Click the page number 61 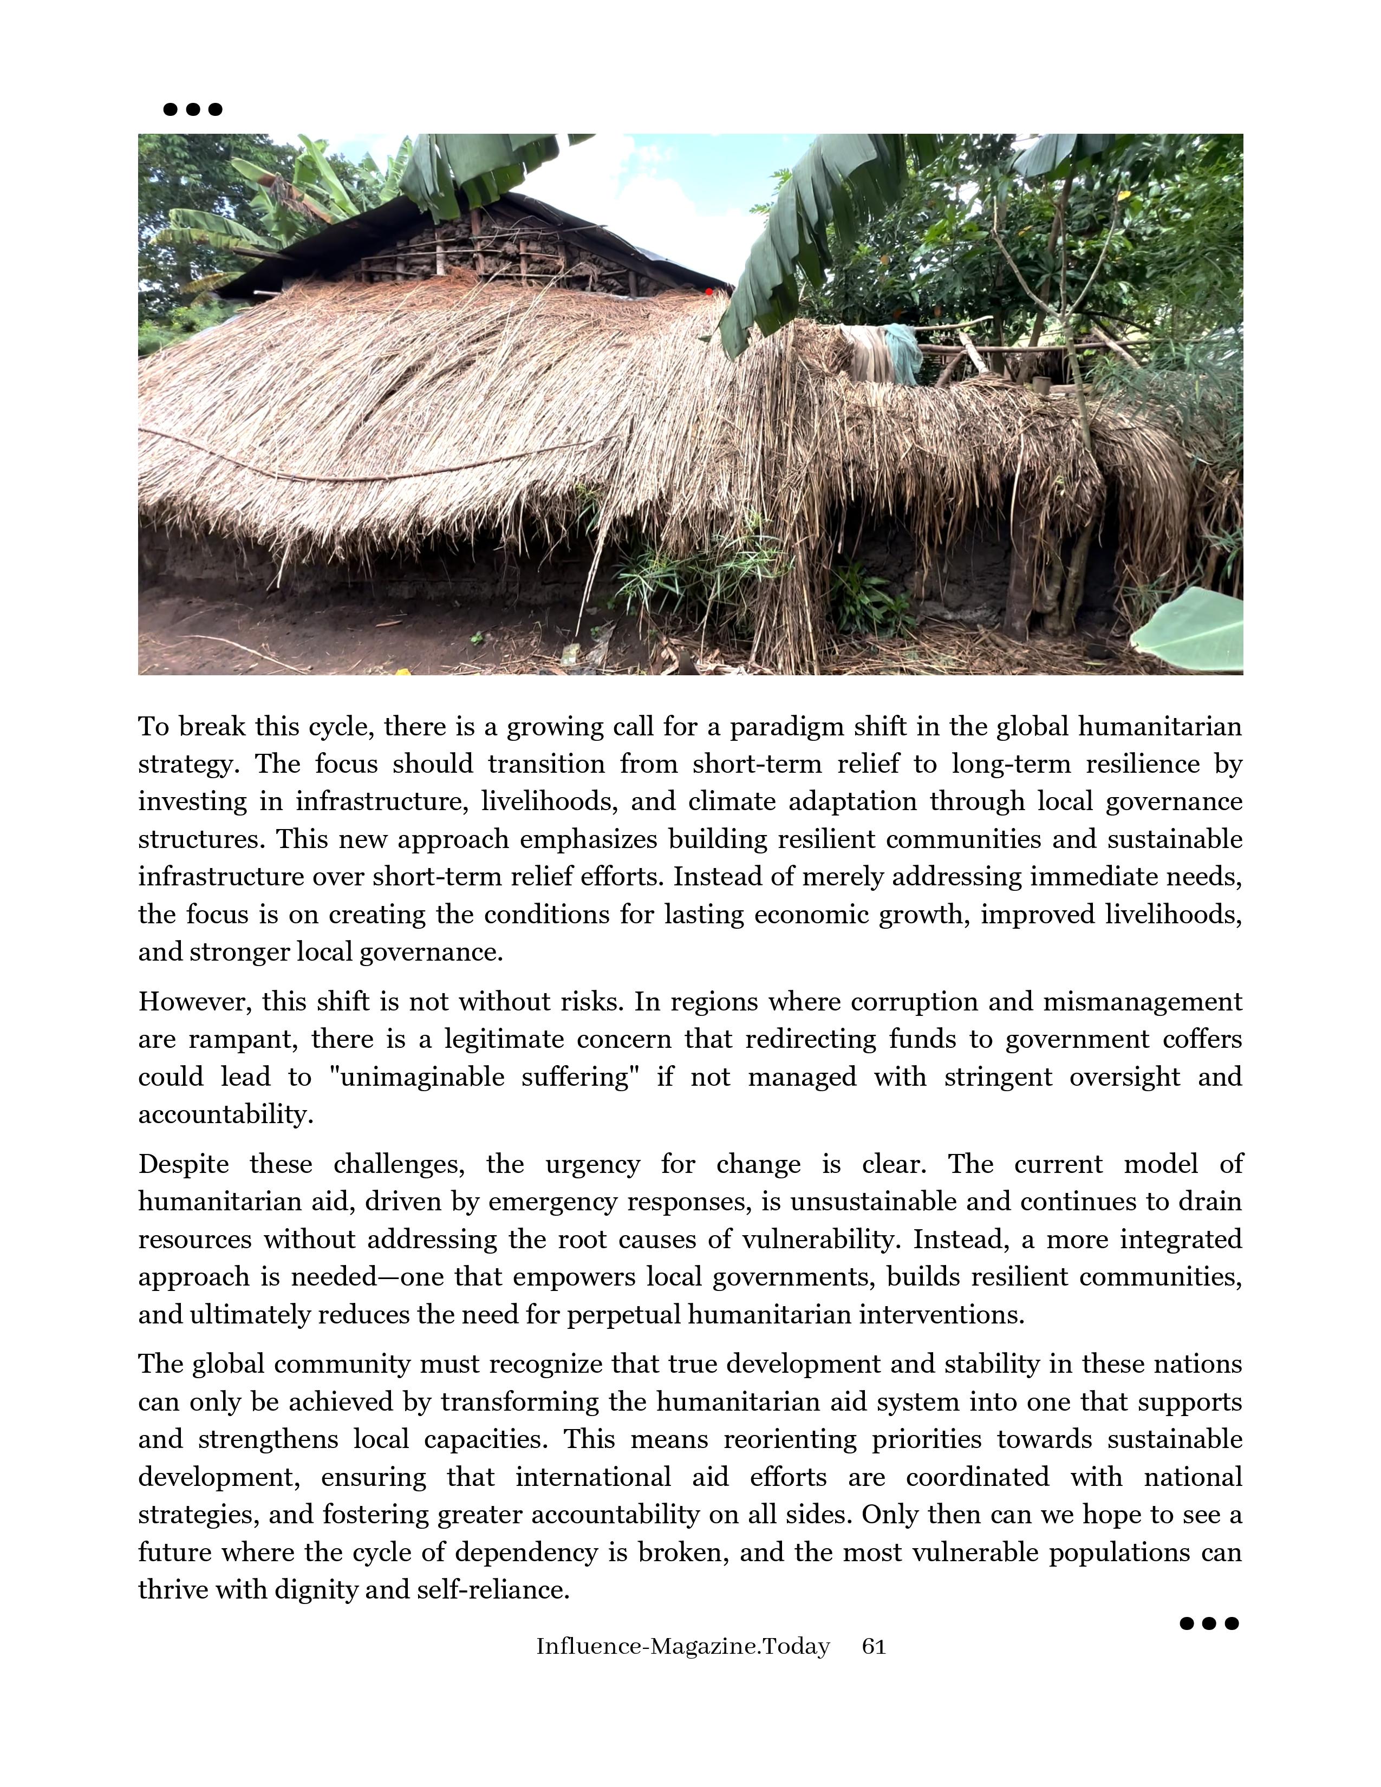point(874,1646)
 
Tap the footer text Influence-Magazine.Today point(682,1646)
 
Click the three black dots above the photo point(193,109)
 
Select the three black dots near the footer point(1209,1623)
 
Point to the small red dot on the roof point(708,291)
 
